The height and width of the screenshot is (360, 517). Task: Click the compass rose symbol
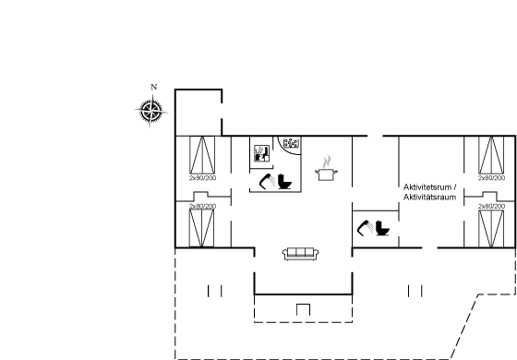click(151, 111)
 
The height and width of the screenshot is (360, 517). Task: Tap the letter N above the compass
click(153, 87)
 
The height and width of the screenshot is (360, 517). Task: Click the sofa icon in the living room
click(300, 254)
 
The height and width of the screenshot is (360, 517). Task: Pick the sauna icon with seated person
click(262, 153)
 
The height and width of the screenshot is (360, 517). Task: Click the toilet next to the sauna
click(284, 182)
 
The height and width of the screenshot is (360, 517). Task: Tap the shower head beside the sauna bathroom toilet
click(268, 181)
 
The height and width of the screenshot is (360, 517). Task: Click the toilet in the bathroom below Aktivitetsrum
click(382, 228)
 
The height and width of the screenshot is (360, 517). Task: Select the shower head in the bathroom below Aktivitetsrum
click(366, 228)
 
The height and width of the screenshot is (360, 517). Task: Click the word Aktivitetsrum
click(427, 187)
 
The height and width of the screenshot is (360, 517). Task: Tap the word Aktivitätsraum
click(429, 198)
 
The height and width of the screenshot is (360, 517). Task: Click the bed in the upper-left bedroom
click(202, 155)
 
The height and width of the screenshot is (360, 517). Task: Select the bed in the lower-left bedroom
click(201, 228)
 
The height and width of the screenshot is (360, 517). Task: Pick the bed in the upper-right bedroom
click(491, 155)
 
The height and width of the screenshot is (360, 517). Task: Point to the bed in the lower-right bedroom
click(491, 229)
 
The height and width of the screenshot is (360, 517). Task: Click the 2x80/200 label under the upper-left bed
click(203, 178)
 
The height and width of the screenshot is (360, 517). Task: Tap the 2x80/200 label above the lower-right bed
click(491, 206)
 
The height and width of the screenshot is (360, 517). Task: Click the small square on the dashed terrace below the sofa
click(303, 309)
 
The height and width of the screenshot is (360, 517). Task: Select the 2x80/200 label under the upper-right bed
click(491, 178)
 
